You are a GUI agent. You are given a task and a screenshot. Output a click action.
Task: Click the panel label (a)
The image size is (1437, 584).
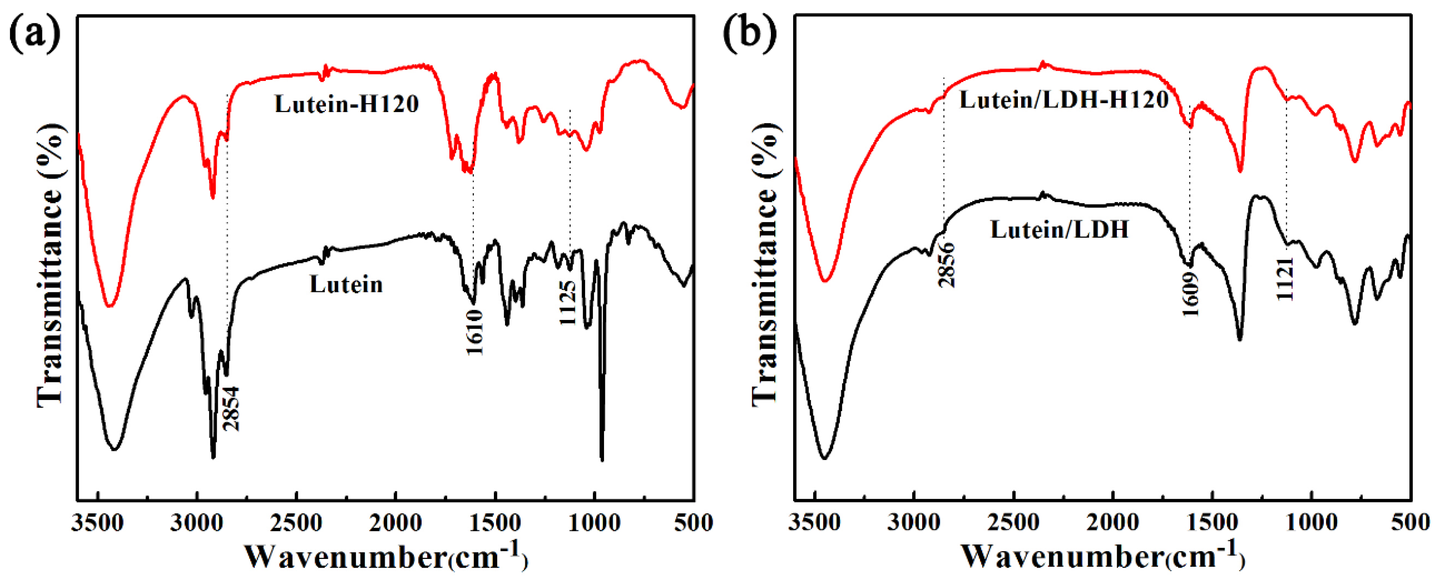click(x=35, y=34)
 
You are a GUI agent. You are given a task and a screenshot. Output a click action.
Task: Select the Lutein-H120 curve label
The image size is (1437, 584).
click(x=346, y=104)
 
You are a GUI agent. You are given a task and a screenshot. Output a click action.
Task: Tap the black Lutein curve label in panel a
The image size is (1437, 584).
click(x=346, y=285)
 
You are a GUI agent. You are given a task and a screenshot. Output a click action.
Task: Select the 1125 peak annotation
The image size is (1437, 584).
click(x=567, y=303)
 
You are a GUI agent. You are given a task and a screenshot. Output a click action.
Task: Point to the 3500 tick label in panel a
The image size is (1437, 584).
click(x=97, y=523)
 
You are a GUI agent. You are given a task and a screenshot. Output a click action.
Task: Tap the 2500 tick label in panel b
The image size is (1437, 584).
click(x=1014, y=523)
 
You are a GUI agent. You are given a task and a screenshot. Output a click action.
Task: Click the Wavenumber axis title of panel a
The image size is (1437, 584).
click(x=385, y=556)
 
